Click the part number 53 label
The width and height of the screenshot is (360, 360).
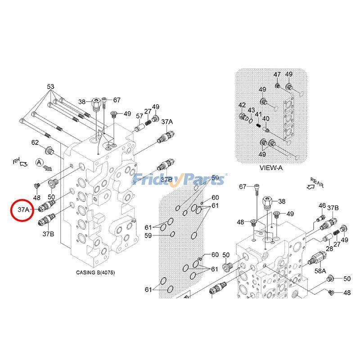tap(50, 86)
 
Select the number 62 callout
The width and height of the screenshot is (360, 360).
tap(35, 143)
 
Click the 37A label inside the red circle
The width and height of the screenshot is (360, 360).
tap(24, 210)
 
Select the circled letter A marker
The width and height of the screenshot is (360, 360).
tap(40, 162)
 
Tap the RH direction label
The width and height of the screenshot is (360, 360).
tap(17, 160)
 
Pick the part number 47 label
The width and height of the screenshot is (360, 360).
tap(278, 75)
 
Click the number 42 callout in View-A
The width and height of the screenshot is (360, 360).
tap(242, 105)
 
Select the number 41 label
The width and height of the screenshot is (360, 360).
tap(258, 114)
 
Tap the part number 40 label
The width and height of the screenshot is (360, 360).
tap(266, 119)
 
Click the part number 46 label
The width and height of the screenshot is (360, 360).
tap(322, 206)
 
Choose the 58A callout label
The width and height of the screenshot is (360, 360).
tap(320, 271)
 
